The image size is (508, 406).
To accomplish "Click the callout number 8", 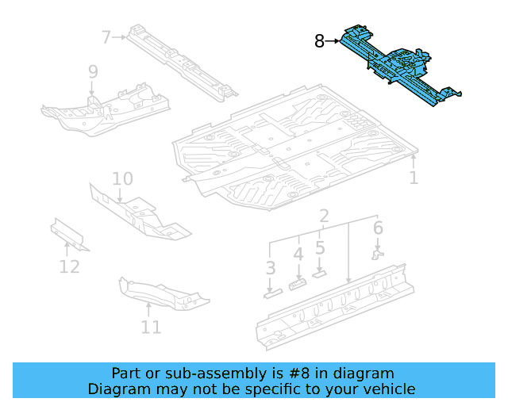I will point(319,41).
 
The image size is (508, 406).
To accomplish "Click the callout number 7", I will point(106,36).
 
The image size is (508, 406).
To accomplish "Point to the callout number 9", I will point(93,72).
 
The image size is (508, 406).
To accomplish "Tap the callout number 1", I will point(414,178).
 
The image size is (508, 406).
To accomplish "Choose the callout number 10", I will point(122,178).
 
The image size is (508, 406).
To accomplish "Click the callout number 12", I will point(70,266).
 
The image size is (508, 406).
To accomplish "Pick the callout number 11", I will point(151,327).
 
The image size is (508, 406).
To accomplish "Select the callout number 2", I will point(324,216).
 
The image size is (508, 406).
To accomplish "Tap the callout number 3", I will point(271,268).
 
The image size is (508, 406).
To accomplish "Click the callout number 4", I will point(298,255).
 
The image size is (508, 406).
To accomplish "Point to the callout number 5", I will point(320,247).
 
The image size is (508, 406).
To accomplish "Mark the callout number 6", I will point(378,228).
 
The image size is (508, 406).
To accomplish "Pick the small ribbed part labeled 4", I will point(298,283).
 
